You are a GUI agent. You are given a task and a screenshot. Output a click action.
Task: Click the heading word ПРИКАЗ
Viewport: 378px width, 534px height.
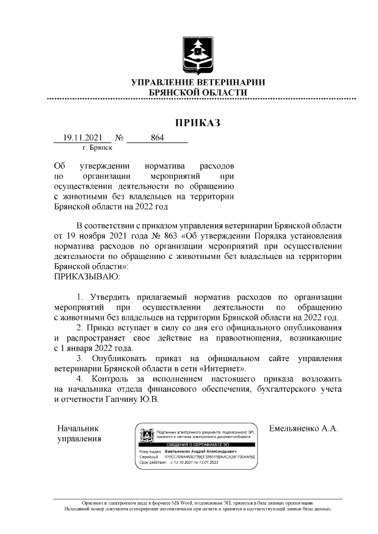coord(197,123)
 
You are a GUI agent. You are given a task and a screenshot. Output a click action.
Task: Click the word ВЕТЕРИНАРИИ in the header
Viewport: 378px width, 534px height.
coord(230,82)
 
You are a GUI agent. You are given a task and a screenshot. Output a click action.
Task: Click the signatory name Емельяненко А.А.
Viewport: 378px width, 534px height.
coord(303,428)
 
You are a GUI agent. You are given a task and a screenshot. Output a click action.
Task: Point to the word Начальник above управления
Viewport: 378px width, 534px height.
coord(78,428)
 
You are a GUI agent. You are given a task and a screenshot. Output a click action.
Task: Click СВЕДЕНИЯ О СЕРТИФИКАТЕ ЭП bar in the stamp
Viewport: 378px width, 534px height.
coord(198,444)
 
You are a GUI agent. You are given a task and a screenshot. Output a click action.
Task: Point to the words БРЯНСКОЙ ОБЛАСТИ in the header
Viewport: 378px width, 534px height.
coord(198,93)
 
